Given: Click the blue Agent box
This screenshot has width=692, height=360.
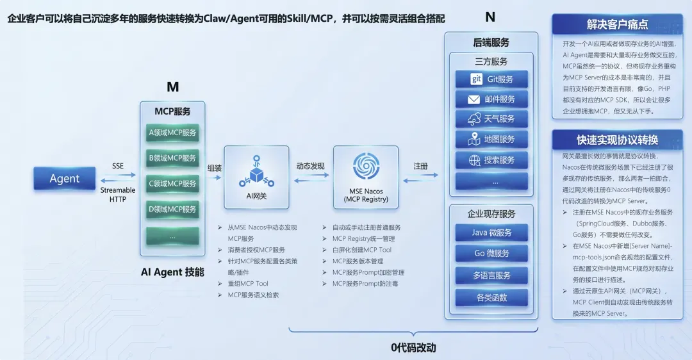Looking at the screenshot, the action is (x=65, y=179).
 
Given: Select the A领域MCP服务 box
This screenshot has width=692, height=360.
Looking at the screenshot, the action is (x=172, y=133).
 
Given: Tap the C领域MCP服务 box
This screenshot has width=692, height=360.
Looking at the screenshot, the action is (x=172, y=184).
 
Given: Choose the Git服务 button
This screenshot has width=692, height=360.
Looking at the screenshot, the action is (x=491, y=79).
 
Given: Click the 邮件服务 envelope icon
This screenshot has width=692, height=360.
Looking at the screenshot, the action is (x=474, y=99).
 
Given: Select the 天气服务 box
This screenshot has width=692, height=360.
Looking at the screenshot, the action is (x=491, y=119).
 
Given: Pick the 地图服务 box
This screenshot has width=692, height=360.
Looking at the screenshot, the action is (x=491, y=139).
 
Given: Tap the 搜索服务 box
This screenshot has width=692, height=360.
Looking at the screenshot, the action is (x=491, y=160).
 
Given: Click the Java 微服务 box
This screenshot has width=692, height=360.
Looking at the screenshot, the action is (x=491, y=233).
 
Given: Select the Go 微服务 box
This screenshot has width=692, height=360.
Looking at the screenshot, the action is (x=491, y=254).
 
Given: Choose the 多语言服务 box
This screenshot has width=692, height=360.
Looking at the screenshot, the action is (x=491, y=275).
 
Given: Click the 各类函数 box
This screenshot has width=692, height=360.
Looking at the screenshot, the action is (x=491, y=297).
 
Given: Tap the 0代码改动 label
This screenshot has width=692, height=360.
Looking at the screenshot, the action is (x=413, y=348).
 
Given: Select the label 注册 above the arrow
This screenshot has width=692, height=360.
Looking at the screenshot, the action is (x=420, y=166).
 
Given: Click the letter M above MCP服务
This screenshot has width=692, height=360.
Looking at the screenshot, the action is (x=172, y=87).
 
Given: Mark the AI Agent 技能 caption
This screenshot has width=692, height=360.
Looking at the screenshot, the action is (x=172, y=272).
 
